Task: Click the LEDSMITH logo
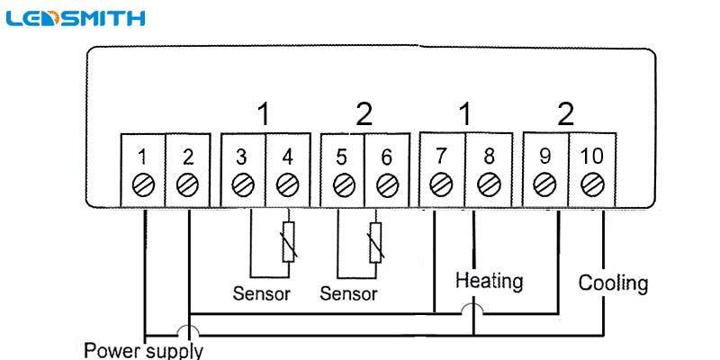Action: [74, 18]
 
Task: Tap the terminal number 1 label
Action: [142, 157]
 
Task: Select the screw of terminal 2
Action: [188, 185]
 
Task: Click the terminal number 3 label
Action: [241, 157]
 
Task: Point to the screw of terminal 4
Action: [288, 185]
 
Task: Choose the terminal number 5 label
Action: [342, 157]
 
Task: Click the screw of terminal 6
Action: [387, 185]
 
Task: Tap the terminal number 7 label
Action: [442, 157]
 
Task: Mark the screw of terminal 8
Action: [489, 185]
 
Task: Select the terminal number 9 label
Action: [544, 157]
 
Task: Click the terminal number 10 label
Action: [591, 157]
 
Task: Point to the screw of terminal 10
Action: [591, 185]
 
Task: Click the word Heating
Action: [489, 282]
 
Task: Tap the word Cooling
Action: [613, 283]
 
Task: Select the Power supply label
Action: [144, 349]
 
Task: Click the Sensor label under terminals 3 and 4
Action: [261, 293]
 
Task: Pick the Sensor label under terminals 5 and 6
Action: [349, 293]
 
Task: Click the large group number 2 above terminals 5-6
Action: [363, 114]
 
